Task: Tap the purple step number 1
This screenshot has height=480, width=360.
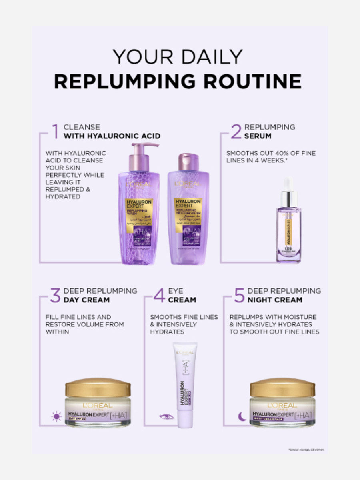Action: click(x=55, y=132)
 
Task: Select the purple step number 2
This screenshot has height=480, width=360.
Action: click(x=236, y=132)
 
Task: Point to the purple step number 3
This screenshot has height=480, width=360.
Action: click(x=55, y=295)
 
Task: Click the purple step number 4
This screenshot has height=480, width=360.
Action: click(x=159, y=295)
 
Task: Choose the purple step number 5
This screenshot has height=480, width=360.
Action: click(x=239, y=295)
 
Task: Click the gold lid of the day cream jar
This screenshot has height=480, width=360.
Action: click(x=98, y=387)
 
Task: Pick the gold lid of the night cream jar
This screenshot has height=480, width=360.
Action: click(x=282, y=387)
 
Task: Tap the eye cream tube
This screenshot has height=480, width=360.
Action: click(x=185, y=384)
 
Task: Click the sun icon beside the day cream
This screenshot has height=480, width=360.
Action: click(x=56, y=416)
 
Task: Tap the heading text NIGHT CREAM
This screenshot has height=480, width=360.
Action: click(x=275, y=300)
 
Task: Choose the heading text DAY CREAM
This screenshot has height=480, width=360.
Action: click(x=86, y=300)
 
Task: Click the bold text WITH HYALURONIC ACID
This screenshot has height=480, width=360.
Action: click(x=112, y=136)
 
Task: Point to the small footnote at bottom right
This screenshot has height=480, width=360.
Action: click(x=306, y=450)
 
